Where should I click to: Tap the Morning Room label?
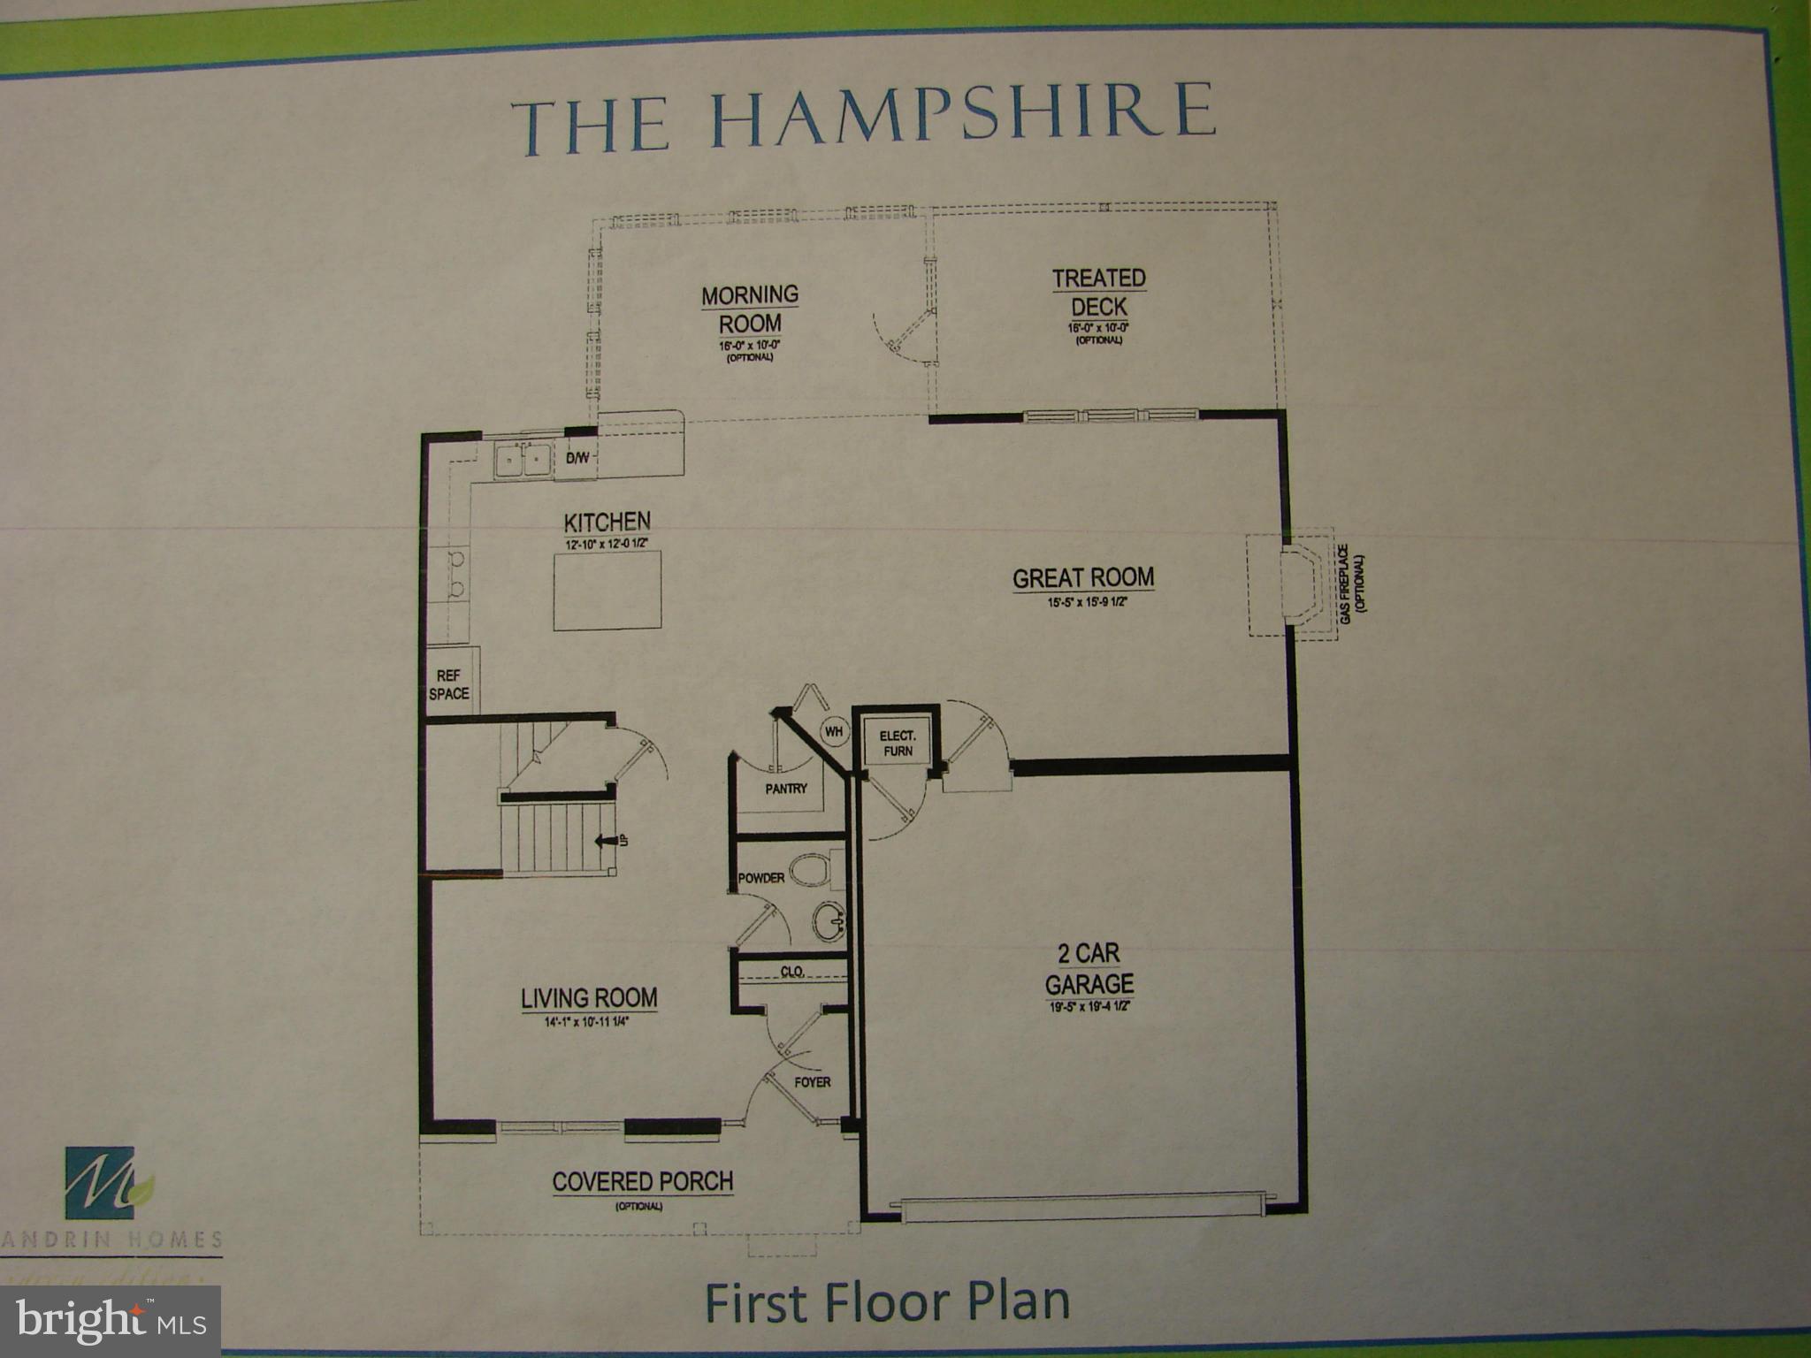(750, 309)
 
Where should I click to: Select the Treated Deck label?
(1099, 293)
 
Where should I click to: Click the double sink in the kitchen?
(522, 460)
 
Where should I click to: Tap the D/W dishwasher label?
(577, 458)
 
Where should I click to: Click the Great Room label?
(1083, 578)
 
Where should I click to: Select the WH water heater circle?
(833, 732)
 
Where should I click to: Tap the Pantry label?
(786, 789)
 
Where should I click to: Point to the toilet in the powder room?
(811, 868)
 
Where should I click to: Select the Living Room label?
(589, 998)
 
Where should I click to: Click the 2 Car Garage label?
(1089, 969)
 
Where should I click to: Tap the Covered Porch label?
(643, 1182)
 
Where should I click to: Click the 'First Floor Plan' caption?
(887, 1301)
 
